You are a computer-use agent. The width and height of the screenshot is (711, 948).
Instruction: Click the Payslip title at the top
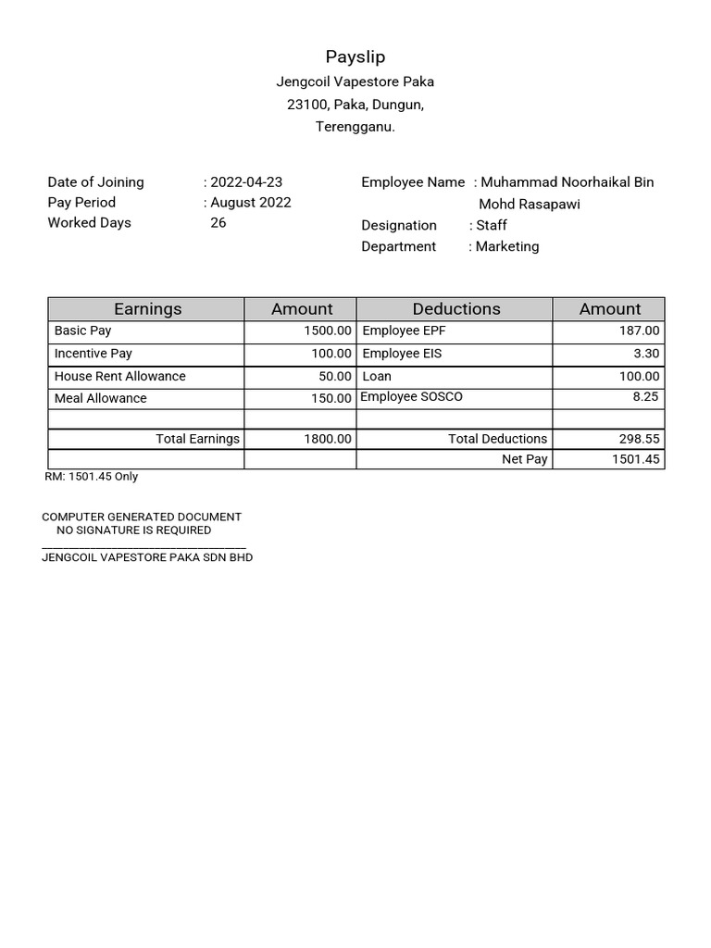[x=355, y=57]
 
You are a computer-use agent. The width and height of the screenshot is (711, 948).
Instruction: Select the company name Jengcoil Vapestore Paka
[x=355, y=81]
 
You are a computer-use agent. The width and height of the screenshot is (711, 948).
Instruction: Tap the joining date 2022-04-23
[x=246, y=182]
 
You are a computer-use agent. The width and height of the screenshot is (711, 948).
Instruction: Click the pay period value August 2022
[x=250, y=203]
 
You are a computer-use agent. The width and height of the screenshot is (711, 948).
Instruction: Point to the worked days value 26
[x=218, y=223]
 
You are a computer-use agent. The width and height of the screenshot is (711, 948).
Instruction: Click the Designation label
[x=399, y=226]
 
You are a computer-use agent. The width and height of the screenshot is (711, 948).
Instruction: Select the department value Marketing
[x=506, y=246]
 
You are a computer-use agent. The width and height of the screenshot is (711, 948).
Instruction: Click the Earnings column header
[x=147, y=309]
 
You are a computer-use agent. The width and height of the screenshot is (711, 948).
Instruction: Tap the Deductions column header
[x=455, y=309]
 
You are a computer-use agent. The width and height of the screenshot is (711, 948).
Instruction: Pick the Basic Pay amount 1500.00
[x=328, y=331]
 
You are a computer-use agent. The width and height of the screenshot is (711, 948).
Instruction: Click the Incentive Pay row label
[x=94, y=354]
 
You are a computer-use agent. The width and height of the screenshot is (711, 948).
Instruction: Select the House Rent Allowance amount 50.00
[x=335, y=376]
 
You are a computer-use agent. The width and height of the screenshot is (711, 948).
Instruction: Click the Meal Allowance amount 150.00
[x=331, y=398]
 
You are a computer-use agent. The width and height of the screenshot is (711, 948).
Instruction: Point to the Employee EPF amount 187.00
[x=640, y=331]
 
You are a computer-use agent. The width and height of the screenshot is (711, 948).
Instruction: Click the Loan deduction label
[x=377, y=376]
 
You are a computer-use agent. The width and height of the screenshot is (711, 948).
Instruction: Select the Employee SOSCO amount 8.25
[x=645, y=396]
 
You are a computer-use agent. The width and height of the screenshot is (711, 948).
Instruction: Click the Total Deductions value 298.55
[x=639, y=439]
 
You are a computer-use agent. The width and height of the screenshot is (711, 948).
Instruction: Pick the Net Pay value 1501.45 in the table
[x=635, y=459]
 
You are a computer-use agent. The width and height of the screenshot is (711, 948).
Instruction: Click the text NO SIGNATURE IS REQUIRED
[x=133, y=530]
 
